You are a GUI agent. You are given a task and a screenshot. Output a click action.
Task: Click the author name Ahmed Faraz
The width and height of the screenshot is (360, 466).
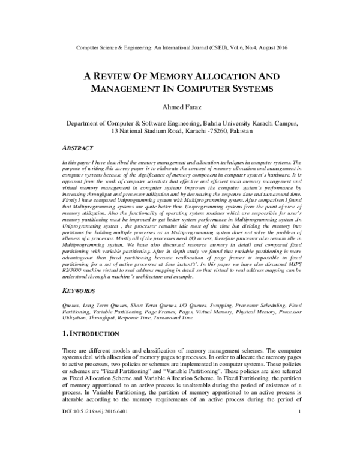180,107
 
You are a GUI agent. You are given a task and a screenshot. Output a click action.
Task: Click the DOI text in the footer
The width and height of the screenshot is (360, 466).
97,446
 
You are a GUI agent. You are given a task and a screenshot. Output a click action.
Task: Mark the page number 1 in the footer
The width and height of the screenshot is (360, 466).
298,446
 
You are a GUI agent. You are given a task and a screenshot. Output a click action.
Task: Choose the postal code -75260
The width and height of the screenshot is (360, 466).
198,130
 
